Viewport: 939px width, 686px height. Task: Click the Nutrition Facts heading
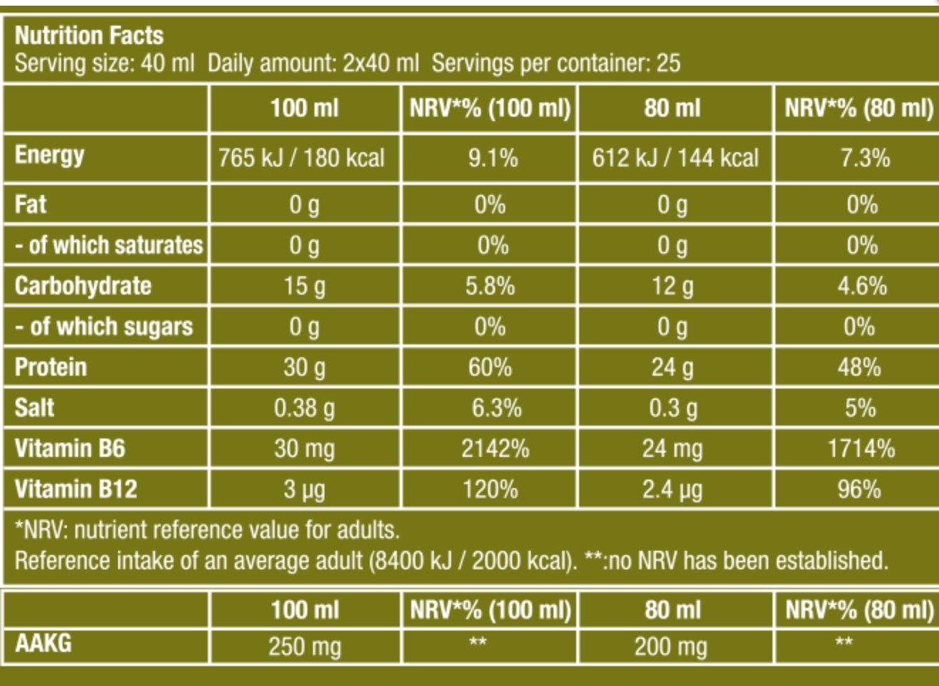click(x=89, y=36)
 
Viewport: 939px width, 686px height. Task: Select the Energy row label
click(x=50, y=155)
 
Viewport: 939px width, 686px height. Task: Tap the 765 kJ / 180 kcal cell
click(x=302, y=157)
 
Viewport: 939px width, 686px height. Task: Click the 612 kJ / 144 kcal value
click(x=675, y=157)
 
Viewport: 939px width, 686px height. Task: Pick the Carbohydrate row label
click(x=83, y=286)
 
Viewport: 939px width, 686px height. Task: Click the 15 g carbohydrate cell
click(x=304, y=286)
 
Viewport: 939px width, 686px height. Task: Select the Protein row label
click(x=51, y=367)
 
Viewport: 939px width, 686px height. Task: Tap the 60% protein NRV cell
click(x=490, y=367)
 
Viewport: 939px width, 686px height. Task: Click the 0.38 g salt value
click(x=304, y=408)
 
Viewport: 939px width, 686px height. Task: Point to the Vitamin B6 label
click(x=70, y=448)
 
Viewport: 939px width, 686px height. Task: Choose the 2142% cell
click(x=494, y=448)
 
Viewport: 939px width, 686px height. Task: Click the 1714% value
click(x=861, y=448)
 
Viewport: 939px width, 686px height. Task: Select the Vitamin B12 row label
click(x=75, y=489)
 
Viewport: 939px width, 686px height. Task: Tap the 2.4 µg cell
click(x=672, y=490)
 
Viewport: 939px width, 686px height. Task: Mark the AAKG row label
click(x=43, y=643)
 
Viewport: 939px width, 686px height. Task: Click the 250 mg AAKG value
click(x=304, y=646)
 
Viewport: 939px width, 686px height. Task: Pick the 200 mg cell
click(x=672, y=646)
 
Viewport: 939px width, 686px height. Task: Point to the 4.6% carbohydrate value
click(x=861, y=286)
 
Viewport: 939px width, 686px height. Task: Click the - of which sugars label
click(x=104, y=327)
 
